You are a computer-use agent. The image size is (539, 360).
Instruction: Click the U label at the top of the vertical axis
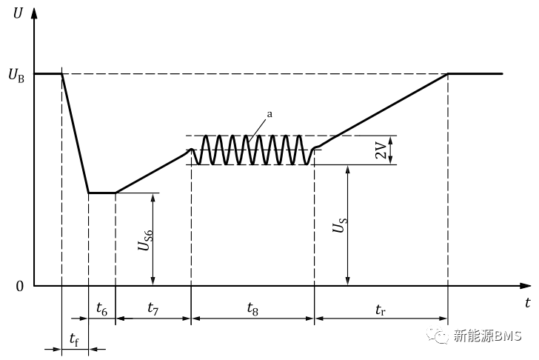[17, 13]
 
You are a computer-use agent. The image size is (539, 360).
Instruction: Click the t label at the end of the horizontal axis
[527, 303]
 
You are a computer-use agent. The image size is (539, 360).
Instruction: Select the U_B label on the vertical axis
[16, 75]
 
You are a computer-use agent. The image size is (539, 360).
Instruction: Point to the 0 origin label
[20, 286]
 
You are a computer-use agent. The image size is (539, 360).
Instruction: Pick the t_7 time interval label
[153, 307]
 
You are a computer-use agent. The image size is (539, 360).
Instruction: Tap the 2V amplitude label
[380, 150]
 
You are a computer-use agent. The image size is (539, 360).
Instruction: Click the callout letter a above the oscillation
[269, 114]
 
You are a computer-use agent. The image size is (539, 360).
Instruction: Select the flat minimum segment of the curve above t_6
[101, 193]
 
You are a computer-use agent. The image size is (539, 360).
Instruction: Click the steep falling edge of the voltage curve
[75, 133]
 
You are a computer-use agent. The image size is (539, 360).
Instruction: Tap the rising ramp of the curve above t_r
[381, 111]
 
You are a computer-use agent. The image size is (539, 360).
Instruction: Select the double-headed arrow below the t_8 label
[252, 320]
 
